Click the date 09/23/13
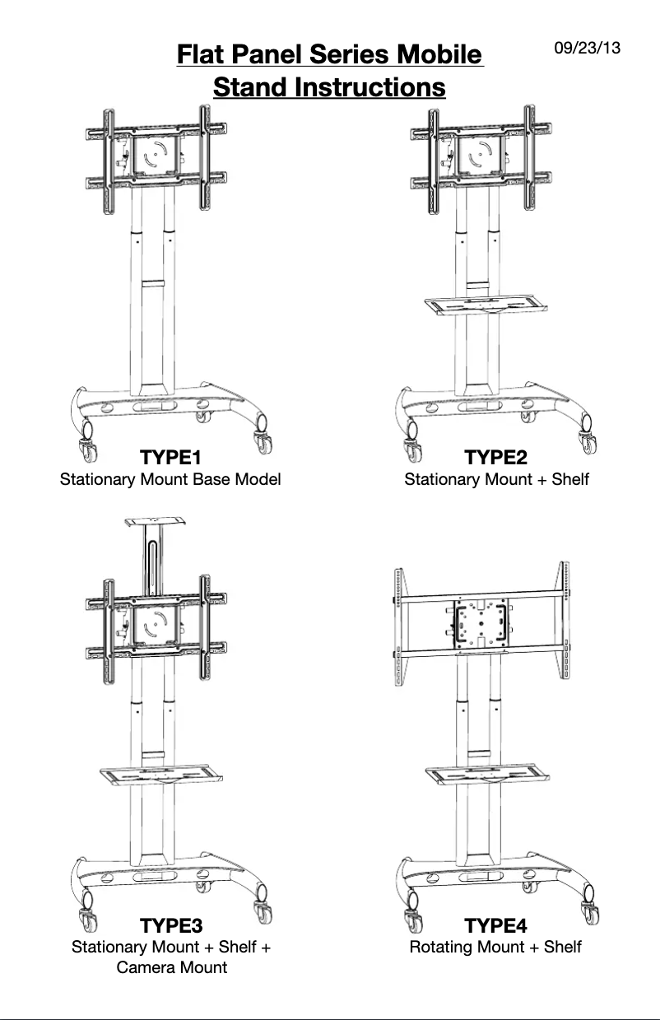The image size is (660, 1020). (588, 48)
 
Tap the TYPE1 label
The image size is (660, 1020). (170, 457)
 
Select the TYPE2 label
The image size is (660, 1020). (495, 457)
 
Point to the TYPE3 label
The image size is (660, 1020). (171, 926)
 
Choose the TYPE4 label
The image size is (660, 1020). (495, 926)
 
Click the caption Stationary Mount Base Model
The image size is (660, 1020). (170, 479)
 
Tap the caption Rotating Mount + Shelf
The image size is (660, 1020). (495, 947)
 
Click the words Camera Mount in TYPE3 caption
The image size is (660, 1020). (172, 967)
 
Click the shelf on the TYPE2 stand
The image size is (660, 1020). (486, 305)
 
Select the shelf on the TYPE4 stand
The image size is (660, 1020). (487, 775)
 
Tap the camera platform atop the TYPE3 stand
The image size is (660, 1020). (156, 522)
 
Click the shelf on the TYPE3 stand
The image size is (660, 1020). (161, 775)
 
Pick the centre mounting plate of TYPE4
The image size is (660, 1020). (481, 623)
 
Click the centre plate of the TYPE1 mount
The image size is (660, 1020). (156, 155)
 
